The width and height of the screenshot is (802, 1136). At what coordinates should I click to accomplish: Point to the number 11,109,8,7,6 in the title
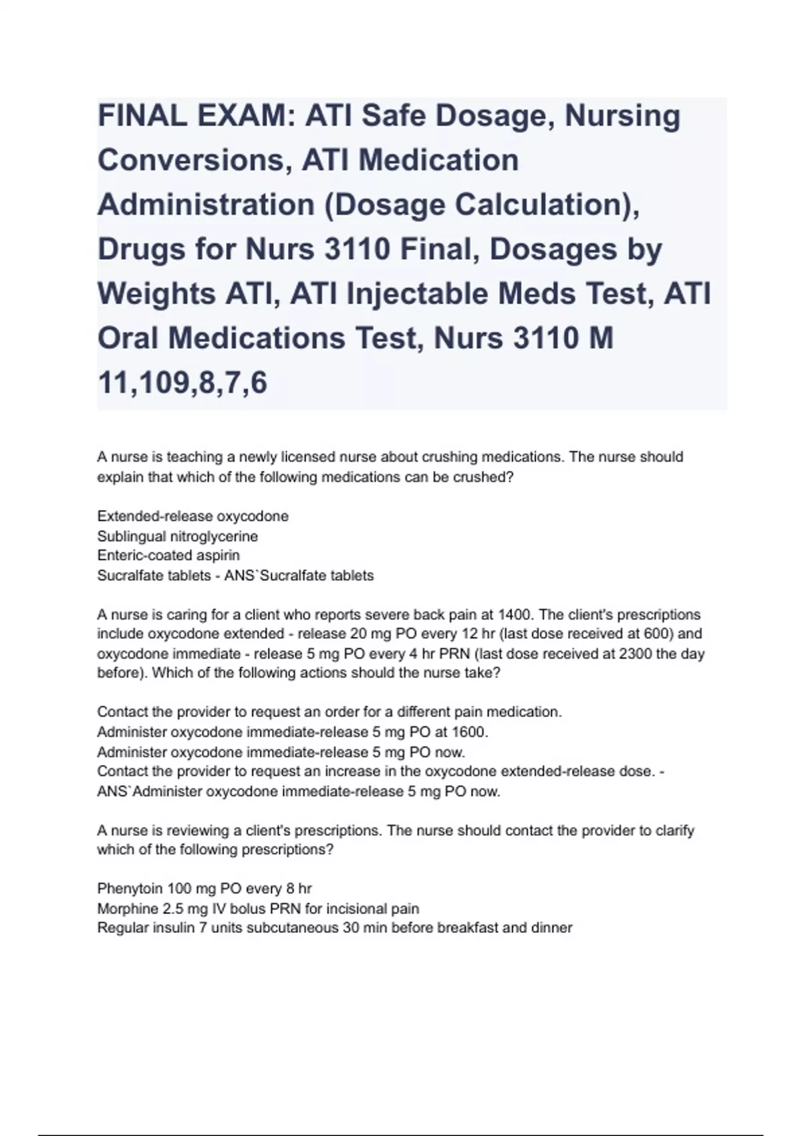[182, 383]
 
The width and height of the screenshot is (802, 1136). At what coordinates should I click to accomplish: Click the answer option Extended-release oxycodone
[192, 516]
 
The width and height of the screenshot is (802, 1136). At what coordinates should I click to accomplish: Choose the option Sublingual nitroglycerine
[177, 536]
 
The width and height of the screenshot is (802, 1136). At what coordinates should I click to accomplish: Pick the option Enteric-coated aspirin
[168, 555]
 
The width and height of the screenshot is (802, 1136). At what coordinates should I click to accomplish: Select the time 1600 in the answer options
[468, 732]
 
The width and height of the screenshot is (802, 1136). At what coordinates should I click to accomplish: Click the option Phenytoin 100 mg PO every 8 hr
[205, 888]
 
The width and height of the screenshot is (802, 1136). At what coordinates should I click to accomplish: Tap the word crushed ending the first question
[487, 478]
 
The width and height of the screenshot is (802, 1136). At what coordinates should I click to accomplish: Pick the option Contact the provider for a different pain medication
[329, 712]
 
